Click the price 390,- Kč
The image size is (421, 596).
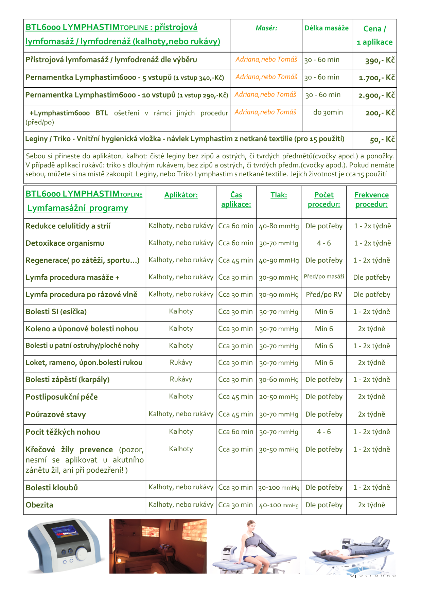click(380, 60)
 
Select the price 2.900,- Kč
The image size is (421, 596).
click(376, 95)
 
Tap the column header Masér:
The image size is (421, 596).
click(266, 28)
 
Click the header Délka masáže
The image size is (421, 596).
click(326, 28)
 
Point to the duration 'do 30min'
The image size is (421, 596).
click(328, 112)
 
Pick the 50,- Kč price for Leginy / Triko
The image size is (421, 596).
click(382, 140)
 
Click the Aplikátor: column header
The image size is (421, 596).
click(181, 195)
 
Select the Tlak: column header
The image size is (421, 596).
click(279, 195)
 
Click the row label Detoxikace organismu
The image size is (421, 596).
click(65, 243)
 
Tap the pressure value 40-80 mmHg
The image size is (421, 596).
click(279, 226)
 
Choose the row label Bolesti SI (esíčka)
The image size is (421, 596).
click(56, 312)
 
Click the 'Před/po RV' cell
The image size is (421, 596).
click(324, 295)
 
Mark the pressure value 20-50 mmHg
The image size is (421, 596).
click(279, 397)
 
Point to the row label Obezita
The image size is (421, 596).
click(39, 505)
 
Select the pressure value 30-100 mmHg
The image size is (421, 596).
click(279, 488)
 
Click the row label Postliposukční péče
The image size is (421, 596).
click(62, 397)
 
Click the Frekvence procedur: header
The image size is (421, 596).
click(371, 199)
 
